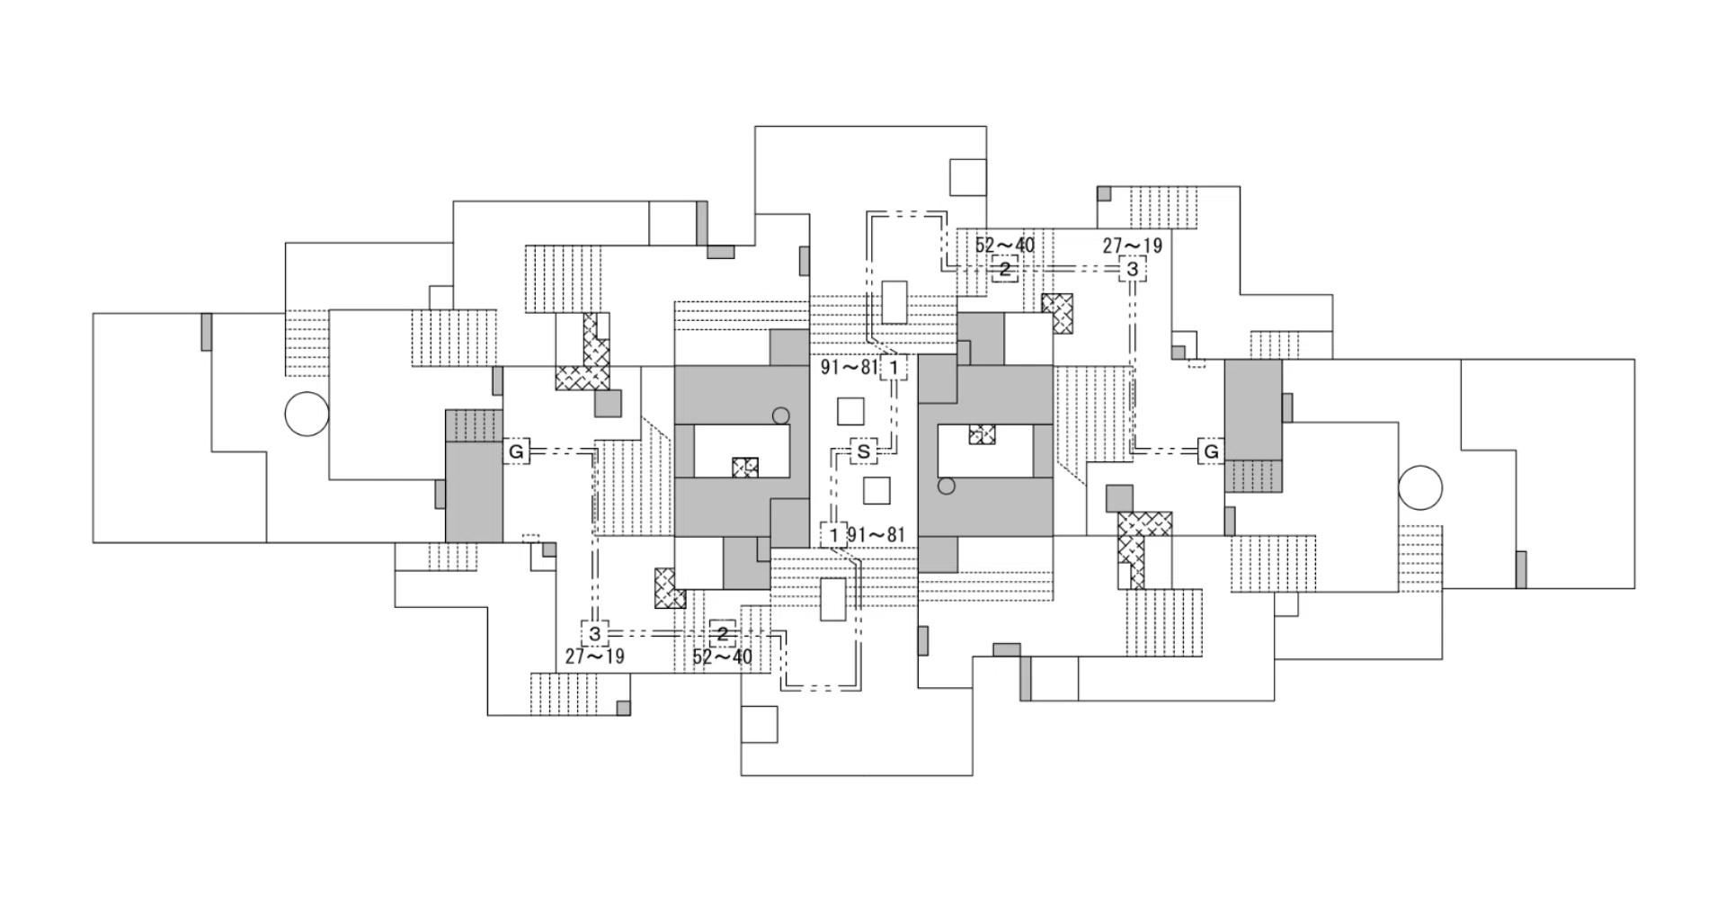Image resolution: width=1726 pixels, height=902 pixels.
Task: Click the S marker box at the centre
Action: point(864,451)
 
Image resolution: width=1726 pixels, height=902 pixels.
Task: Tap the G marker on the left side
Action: point(516,451)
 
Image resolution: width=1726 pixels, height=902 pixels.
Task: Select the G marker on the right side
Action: point(1211,451)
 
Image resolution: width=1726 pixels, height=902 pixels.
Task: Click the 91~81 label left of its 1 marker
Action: point(849,367)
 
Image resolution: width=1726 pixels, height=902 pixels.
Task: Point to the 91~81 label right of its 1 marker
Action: point(876,535)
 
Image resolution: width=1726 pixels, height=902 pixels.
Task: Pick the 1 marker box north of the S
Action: point(894,367)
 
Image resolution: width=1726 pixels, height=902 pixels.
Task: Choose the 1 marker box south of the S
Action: point(833,535)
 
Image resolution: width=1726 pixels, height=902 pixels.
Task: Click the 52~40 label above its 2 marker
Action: point(1005,246)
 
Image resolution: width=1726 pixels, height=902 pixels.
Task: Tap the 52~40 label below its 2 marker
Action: point(722,656)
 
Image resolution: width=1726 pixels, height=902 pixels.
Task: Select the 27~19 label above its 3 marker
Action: point(1133,246)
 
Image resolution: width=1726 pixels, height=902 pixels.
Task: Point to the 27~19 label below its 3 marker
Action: point(595,656)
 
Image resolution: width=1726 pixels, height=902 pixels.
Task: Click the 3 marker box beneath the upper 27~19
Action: point(1133,269)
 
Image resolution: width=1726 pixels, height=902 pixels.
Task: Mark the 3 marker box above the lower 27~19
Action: point(595,633)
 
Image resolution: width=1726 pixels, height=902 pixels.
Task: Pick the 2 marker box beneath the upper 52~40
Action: point(1005,269)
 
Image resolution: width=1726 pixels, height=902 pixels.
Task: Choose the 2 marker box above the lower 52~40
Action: point(722,633)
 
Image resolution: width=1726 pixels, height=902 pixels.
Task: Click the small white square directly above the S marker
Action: point(850,411)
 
